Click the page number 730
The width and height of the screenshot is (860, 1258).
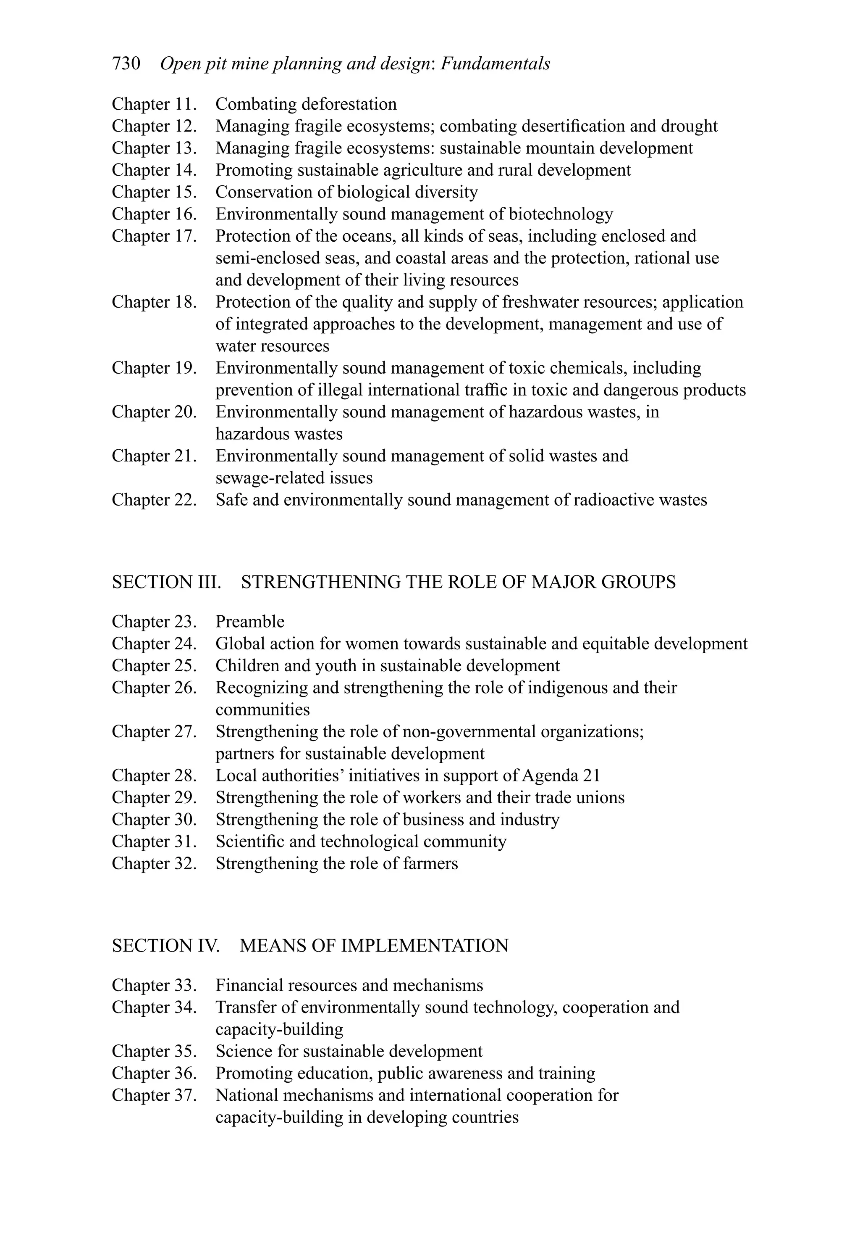point(126,64)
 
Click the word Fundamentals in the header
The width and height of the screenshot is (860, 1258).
point(496,64)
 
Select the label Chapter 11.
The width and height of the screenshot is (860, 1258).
point(154,104)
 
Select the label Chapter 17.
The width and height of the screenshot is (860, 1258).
point(154,236)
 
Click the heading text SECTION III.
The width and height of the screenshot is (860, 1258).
point(166,582)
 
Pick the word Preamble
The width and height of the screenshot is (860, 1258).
point(250,621)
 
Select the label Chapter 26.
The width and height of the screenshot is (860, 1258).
point(154,688)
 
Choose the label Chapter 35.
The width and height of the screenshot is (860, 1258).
point(154,1051)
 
